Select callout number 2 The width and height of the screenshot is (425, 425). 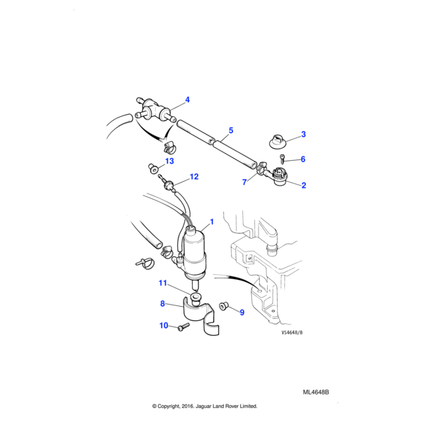click(x=303, y=186)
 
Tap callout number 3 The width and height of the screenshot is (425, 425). click(x=303, y=135)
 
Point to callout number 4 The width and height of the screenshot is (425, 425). click(x=188, y=100)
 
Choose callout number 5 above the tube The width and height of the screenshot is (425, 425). click(x=230, y=131)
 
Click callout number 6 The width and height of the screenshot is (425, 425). click(x=303, y=159)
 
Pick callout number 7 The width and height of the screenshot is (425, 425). click(x=244, y=182)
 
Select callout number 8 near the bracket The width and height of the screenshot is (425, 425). click(x=162, y=304)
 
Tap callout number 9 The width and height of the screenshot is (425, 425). click(x=241, y=312)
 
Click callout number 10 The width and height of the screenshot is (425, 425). click(x=164, y=326)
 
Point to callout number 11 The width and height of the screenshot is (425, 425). click(x=162, y=283)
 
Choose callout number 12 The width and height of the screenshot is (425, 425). click(x=193, y=176)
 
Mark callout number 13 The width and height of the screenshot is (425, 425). click(x=169, y=161)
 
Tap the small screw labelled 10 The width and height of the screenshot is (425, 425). click(x=183, y=327)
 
